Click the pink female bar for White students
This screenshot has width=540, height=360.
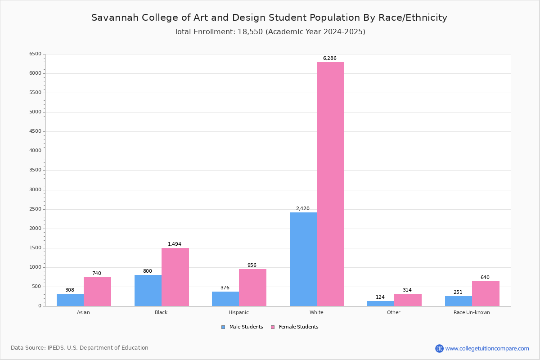click(x=330, y=184)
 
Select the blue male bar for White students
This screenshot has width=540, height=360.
click(x=303, y=259)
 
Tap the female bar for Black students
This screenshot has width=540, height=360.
click(x=175, y=277)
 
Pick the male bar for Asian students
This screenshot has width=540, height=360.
click(x=70, y=300)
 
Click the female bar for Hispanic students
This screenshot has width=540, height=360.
click(x=252, y=288)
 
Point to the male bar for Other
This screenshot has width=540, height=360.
click(x=381, y=303)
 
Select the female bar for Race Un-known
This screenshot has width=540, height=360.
click(x=486, y=293)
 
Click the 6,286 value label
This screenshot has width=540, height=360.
click(x=329, y=58)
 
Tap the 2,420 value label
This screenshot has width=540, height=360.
click(x=302, y=209)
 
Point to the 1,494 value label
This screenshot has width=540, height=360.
click(x=175, y=244)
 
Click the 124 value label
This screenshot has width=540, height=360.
click(x=380, y=297)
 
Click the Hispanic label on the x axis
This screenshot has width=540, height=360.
click(x=238, y=312)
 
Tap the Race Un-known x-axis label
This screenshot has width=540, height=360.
click(x=472, y=312)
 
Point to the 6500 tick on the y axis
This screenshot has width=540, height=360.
click(x=35, y=54)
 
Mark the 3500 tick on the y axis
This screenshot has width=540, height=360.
click(x=35, y=170)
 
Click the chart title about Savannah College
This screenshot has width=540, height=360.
click(x=269, y=18)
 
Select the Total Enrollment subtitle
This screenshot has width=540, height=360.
click(x=270, y=32)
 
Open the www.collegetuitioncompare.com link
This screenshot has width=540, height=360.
click(x=487, y=348)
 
